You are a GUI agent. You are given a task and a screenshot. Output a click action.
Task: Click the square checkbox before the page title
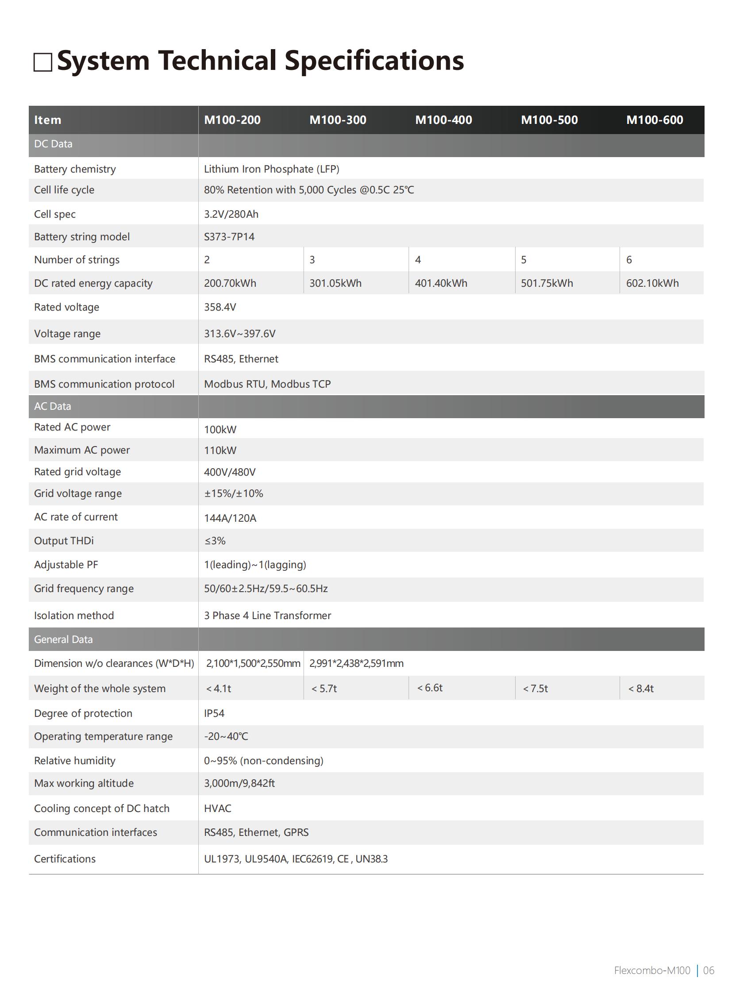[x=42, y=62]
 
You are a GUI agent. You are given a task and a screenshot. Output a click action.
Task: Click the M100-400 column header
[x=443, y=120]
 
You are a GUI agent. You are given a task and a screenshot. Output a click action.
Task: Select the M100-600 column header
[x=654, y=120]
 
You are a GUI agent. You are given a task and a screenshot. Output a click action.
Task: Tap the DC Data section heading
[x=53, y=144]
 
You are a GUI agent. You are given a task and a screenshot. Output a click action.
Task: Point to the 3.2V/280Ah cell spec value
[x=231, y=215]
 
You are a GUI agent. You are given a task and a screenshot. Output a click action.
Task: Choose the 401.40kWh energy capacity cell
[x=441, y=284]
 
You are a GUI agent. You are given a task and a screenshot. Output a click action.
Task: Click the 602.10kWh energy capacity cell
[x=652, y=284]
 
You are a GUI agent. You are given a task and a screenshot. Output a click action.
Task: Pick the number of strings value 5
[x=523, y=260]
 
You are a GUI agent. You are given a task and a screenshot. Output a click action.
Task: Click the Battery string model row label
[x=82, y=237]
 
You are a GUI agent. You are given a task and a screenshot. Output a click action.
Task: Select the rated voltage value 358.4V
[x=220, y=308]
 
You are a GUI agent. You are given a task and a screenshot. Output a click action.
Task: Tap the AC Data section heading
[x=52, y=406]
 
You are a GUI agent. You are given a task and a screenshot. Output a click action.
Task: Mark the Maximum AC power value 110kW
[x=220, y=450]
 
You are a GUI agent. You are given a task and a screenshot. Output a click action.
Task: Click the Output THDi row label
[x=64, y=541]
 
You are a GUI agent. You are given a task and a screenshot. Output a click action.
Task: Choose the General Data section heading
[x=63, y=639]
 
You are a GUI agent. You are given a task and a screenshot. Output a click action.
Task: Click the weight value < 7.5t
[x=535, y=689]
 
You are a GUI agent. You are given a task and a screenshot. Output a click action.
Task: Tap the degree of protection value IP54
[x=214, y=713]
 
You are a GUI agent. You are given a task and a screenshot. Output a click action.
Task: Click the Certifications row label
[x=65, y=859]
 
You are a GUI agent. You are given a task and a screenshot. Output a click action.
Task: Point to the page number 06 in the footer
[x=709, y=970]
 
